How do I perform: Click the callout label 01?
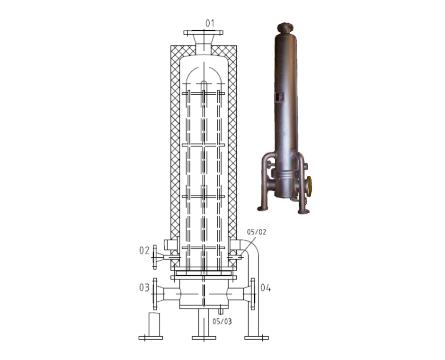point(210,23)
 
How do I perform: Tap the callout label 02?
point(144,251)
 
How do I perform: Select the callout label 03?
point(144,288)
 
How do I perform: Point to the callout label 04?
point(266,288)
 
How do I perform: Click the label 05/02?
point(257,232)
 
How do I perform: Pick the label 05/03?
point(222,321)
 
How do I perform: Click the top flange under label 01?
point(203,33)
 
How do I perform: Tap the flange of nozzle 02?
point(154,257)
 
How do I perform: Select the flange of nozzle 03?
point(155,294)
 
